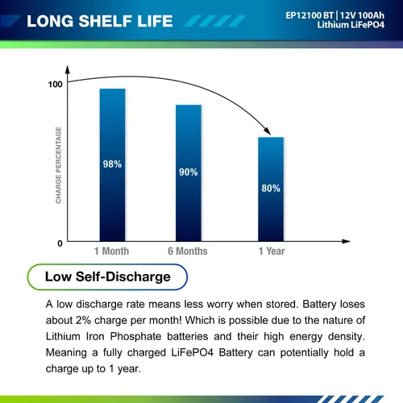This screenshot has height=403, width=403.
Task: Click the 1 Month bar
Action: click(112, 164)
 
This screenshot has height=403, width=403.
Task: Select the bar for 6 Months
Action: click(189, 172)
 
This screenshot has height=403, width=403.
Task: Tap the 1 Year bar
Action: click(271, 189)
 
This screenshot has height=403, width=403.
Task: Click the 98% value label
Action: click(112, 164)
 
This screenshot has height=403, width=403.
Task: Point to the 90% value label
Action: click(189, 172)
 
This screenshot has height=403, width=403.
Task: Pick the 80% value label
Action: click(271, 188)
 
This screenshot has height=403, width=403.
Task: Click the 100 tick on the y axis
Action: click(55, 85)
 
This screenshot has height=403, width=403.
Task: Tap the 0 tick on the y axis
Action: click(60, 243)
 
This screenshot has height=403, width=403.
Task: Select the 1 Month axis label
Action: click(111, 251)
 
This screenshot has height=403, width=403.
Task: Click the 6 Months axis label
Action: click(188, 251)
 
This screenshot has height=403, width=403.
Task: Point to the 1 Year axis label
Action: click(272, 251)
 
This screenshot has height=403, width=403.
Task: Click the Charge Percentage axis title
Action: click(58, 165)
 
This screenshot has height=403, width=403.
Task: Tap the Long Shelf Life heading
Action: click(100, 21)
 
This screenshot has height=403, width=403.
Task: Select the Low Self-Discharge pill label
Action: click(107, 276)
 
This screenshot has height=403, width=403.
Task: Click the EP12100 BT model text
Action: click(310, 15)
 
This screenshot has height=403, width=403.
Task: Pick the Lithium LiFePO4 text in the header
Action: click(351, 25)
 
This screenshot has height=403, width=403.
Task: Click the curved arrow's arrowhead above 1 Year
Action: click(268, 131)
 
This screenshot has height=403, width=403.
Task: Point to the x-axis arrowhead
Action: click(347, 241)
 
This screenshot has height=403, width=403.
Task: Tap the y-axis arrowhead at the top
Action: click(68, 69)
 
